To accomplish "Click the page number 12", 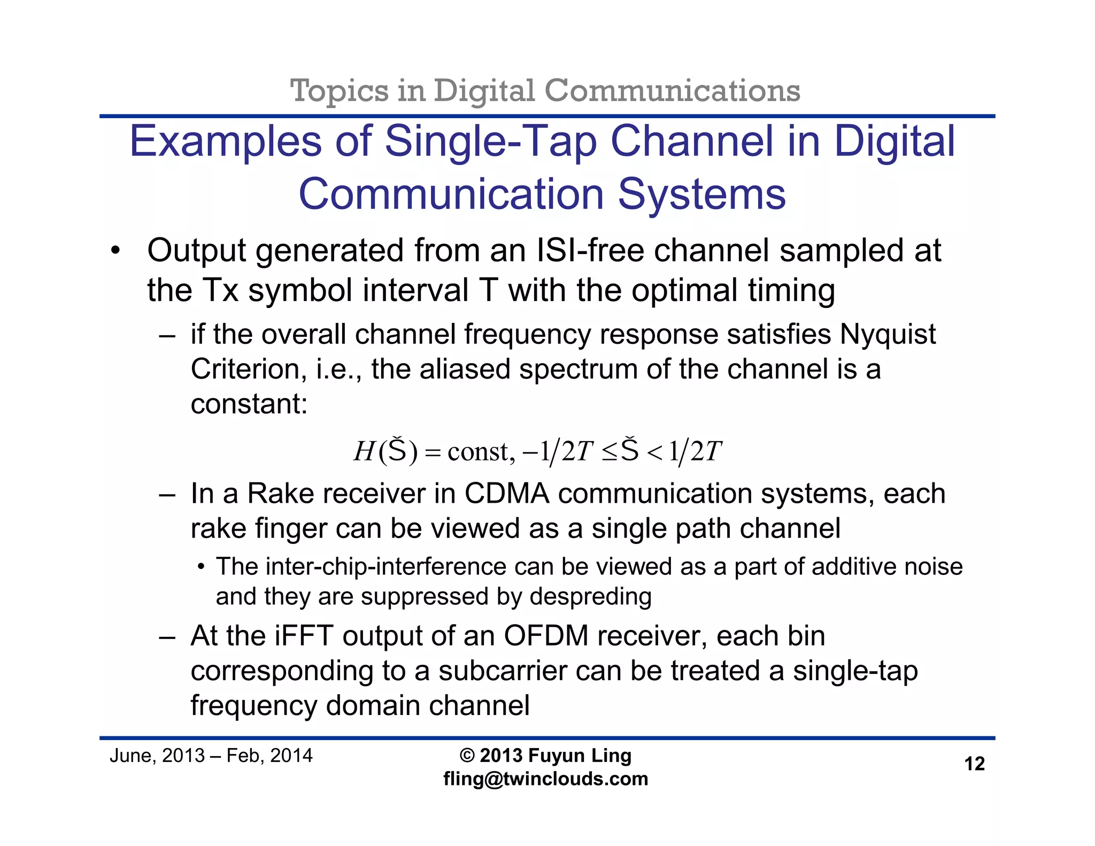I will (974, 764).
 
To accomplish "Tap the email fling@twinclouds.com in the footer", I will (545, 779).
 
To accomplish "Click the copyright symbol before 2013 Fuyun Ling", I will (467, 756).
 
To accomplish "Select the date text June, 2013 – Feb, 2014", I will (211, 756).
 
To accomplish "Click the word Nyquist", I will (888, 335).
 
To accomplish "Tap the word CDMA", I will (507, 493).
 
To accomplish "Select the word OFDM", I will (546, 636).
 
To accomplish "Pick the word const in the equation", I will (479, 452).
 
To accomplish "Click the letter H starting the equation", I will (364, 452).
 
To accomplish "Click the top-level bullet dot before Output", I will (115, 251).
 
